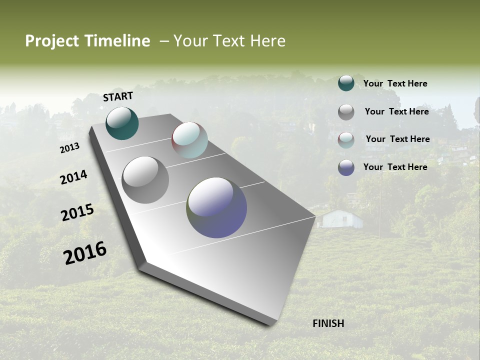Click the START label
[118, 96]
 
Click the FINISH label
[328, 323]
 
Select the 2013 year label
[70, 148]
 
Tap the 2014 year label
[73, 177]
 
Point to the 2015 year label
[77, 212]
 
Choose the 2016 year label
[85, 253]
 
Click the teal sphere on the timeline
[122, 123]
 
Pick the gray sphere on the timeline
[145, 180]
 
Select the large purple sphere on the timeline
[216, 207]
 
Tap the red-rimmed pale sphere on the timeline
[189, 140]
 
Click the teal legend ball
[346, 83]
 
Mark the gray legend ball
[346, 112]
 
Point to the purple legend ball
[346, 167]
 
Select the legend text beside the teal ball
[395, 84]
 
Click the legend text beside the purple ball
[395, 167]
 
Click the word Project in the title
[52, 41]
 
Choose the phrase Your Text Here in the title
[229, 41]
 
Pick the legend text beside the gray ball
[396, 111]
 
